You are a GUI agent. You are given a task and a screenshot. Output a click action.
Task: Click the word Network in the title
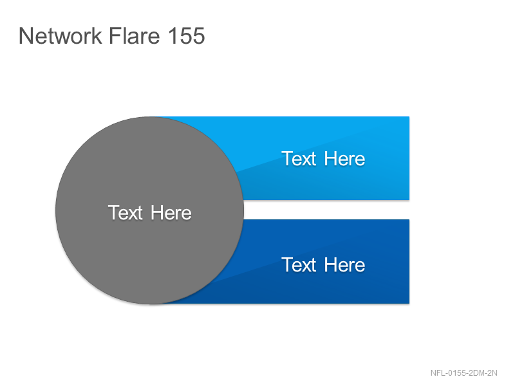(61, 35)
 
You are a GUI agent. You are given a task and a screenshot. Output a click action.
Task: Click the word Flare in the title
(134, 35)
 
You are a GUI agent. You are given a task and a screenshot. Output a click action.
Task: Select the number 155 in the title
(187, 35)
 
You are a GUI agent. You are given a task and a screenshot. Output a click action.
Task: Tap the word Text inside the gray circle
(126, 213)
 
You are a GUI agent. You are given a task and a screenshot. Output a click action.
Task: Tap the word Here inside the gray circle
(171, 213)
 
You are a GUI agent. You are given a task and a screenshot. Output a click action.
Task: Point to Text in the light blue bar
(299, 159)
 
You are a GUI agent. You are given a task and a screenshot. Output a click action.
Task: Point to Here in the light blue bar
(344, 159)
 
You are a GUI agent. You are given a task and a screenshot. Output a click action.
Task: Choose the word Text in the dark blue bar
(299, 265)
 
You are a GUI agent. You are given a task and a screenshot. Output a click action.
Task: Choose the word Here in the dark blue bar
(344, 265)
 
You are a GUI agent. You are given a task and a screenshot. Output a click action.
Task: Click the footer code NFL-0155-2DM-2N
(464, 373)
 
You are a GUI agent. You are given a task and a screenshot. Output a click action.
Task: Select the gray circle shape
(150, 210)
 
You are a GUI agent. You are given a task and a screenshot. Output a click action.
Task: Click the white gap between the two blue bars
(326, 210)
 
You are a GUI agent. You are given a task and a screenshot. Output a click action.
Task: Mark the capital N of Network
(26, 35)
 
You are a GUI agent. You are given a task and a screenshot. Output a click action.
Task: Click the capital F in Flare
(114, 35)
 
